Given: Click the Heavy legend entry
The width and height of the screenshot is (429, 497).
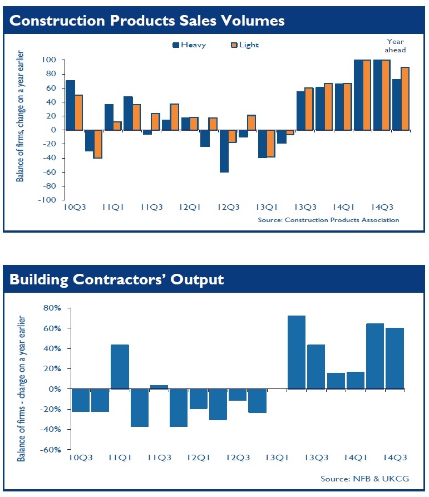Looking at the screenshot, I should click(x=189, y=45).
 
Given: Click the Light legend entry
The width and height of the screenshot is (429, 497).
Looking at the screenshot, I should click(x=245, y=45).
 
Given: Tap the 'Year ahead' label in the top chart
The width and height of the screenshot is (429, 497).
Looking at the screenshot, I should click(x=396, y=46).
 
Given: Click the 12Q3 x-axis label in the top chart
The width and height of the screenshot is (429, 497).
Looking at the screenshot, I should click(x=228, y=208).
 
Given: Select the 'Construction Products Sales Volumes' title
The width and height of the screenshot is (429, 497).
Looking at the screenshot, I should click(x=147, y=21).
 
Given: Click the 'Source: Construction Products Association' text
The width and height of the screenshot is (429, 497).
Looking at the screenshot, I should click(x=328, y=220).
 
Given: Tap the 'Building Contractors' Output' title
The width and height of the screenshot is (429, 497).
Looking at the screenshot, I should click(x=116, y=279).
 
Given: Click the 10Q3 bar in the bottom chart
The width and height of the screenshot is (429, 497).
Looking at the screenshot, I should click(x=81, y=401).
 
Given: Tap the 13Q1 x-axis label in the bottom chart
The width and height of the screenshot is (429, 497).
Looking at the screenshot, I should click(x=277, y=457).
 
